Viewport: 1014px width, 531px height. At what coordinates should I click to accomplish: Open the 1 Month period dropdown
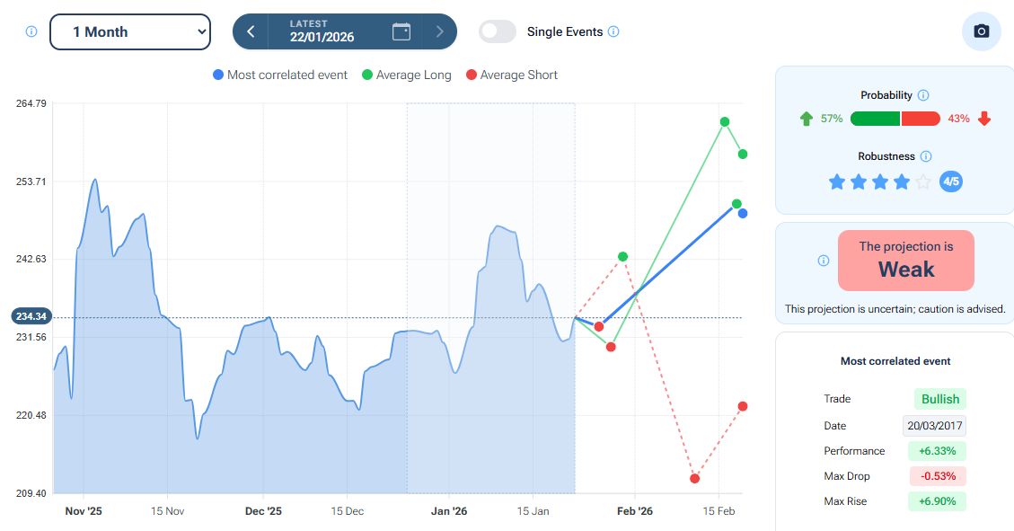(130, 31)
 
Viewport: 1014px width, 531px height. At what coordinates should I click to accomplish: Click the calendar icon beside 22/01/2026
(401, 31)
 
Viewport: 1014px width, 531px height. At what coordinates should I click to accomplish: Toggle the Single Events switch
(498, 31)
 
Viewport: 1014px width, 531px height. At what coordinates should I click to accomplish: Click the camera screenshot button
(981, 31)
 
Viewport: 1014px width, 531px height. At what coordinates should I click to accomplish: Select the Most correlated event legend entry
(279, 75)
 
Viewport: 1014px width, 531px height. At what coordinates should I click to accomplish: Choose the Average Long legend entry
(406, 75)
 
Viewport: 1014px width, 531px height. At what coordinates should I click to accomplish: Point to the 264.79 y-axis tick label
(31, 104)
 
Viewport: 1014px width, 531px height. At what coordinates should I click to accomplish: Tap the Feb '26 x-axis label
(634, 511)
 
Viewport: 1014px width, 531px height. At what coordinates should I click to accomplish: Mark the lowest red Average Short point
(695, 478)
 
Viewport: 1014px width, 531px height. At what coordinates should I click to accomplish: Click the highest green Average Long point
(724, 121)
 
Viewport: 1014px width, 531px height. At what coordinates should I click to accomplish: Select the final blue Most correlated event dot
(743, 213)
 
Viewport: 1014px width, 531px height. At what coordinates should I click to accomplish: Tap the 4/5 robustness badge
(950, 181)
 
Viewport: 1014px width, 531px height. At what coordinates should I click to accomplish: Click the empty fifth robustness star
(922, 181)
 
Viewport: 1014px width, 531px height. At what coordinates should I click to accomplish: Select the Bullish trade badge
(940, 399)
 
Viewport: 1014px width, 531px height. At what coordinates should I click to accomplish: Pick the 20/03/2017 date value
(934, 426)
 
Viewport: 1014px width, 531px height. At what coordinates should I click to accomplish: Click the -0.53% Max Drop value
(938, 476)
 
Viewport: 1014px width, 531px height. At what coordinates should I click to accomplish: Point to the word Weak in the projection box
(905, 270)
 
